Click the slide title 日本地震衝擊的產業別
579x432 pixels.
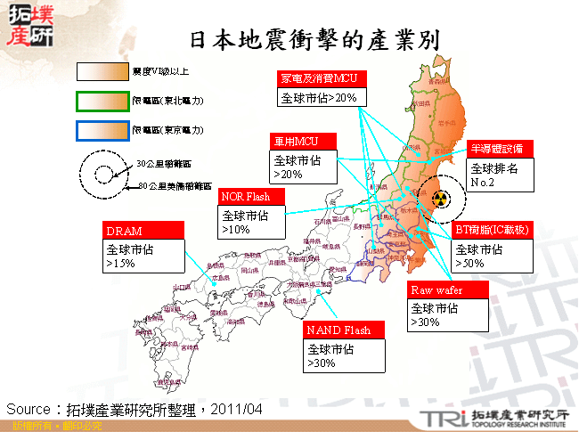[317, 41]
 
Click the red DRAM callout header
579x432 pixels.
[143, 231]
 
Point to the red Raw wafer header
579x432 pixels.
[449, 290]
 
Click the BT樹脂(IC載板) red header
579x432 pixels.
[493, 230]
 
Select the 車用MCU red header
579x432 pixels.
[302, 141]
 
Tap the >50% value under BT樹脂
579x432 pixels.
[469, 265]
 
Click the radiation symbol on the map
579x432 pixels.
[437, 196]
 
